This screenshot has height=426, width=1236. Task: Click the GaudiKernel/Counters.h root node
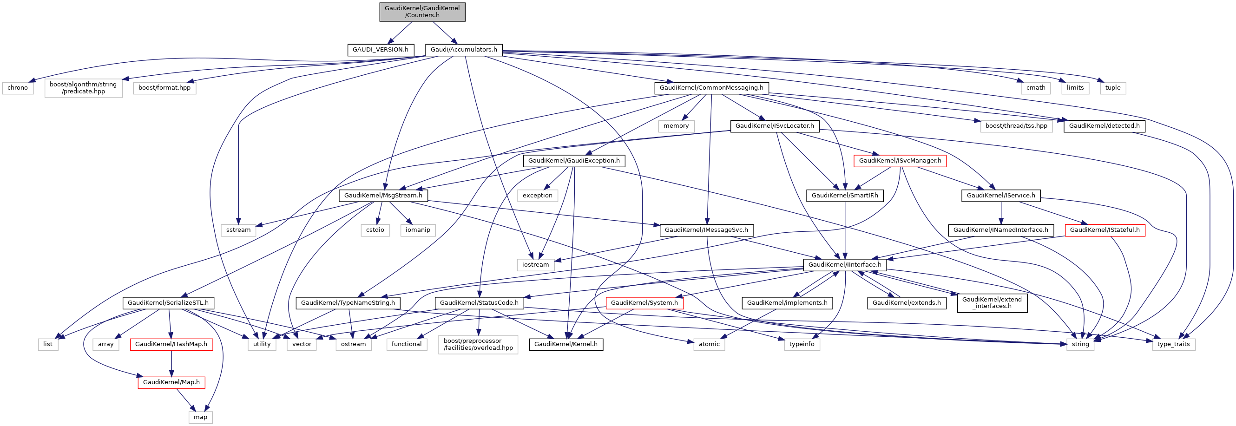pyautogui.click(x=422, y=12)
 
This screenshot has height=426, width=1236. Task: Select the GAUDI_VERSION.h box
pyautogui.click(x=380, y=49)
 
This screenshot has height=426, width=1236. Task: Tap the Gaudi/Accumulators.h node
pyautogui.click(x=464, y=49)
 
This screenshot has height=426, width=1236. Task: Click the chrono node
pyautogui.click(x=18, y=88)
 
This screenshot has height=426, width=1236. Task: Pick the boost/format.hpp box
pyautogui.click(x=164, y=88)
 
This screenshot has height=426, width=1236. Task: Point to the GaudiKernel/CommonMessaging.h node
pyautogui.click(x=711, y=88)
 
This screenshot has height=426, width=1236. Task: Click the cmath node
pyautogui.click(x=1035, y=88)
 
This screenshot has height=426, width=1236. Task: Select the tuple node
pyautogui.click(x=1113, y=88)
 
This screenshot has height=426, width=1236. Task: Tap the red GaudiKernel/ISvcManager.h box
pyautogui.click(x=900, y=161)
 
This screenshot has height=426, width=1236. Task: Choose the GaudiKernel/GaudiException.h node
pyautogui.click(x=574, y=161)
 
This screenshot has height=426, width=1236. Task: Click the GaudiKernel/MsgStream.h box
pyautogui.click(x=383, y=196)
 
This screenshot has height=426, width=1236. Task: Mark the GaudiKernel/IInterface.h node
pyautogui.click(x=844, y=265)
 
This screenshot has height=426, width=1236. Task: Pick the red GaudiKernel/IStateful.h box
pyautogui.click(x=1105, y=230)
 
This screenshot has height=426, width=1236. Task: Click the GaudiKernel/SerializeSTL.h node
pyautogui.click(x=168, y=303)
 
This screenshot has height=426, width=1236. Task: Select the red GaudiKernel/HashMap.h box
pyautogui.click(x=171, y=344)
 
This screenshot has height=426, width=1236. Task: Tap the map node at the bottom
pyautogui.click(x=200, y=417)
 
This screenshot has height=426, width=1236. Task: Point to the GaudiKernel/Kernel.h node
pyautogui.click(x=565, y=344)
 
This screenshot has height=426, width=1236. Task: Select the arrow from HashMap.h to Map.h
pyautogui.click(x=171, y=364)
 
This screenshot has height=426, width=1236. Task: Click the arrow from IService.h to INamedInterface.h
pyautogui.click(x=1001, y=213)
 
